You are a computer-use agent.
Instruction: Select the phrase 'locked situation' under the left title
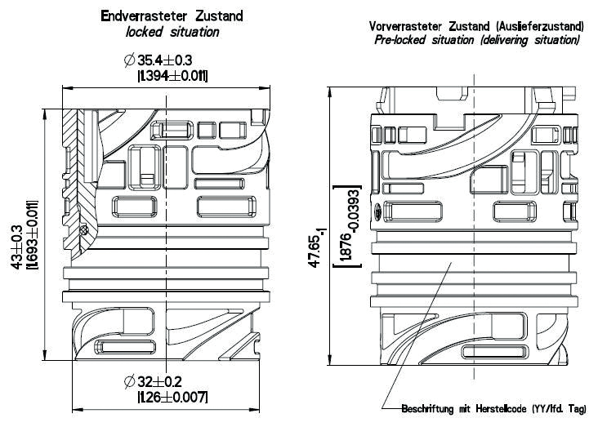[172, 32]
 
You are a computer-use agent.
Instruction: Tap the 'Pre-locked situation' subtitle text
[426, 39]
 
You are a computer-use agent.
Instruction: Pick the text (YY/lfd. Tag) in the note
[562, 408]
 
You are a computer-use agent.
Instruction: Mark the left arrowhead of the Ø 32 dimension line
[77, 406]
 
